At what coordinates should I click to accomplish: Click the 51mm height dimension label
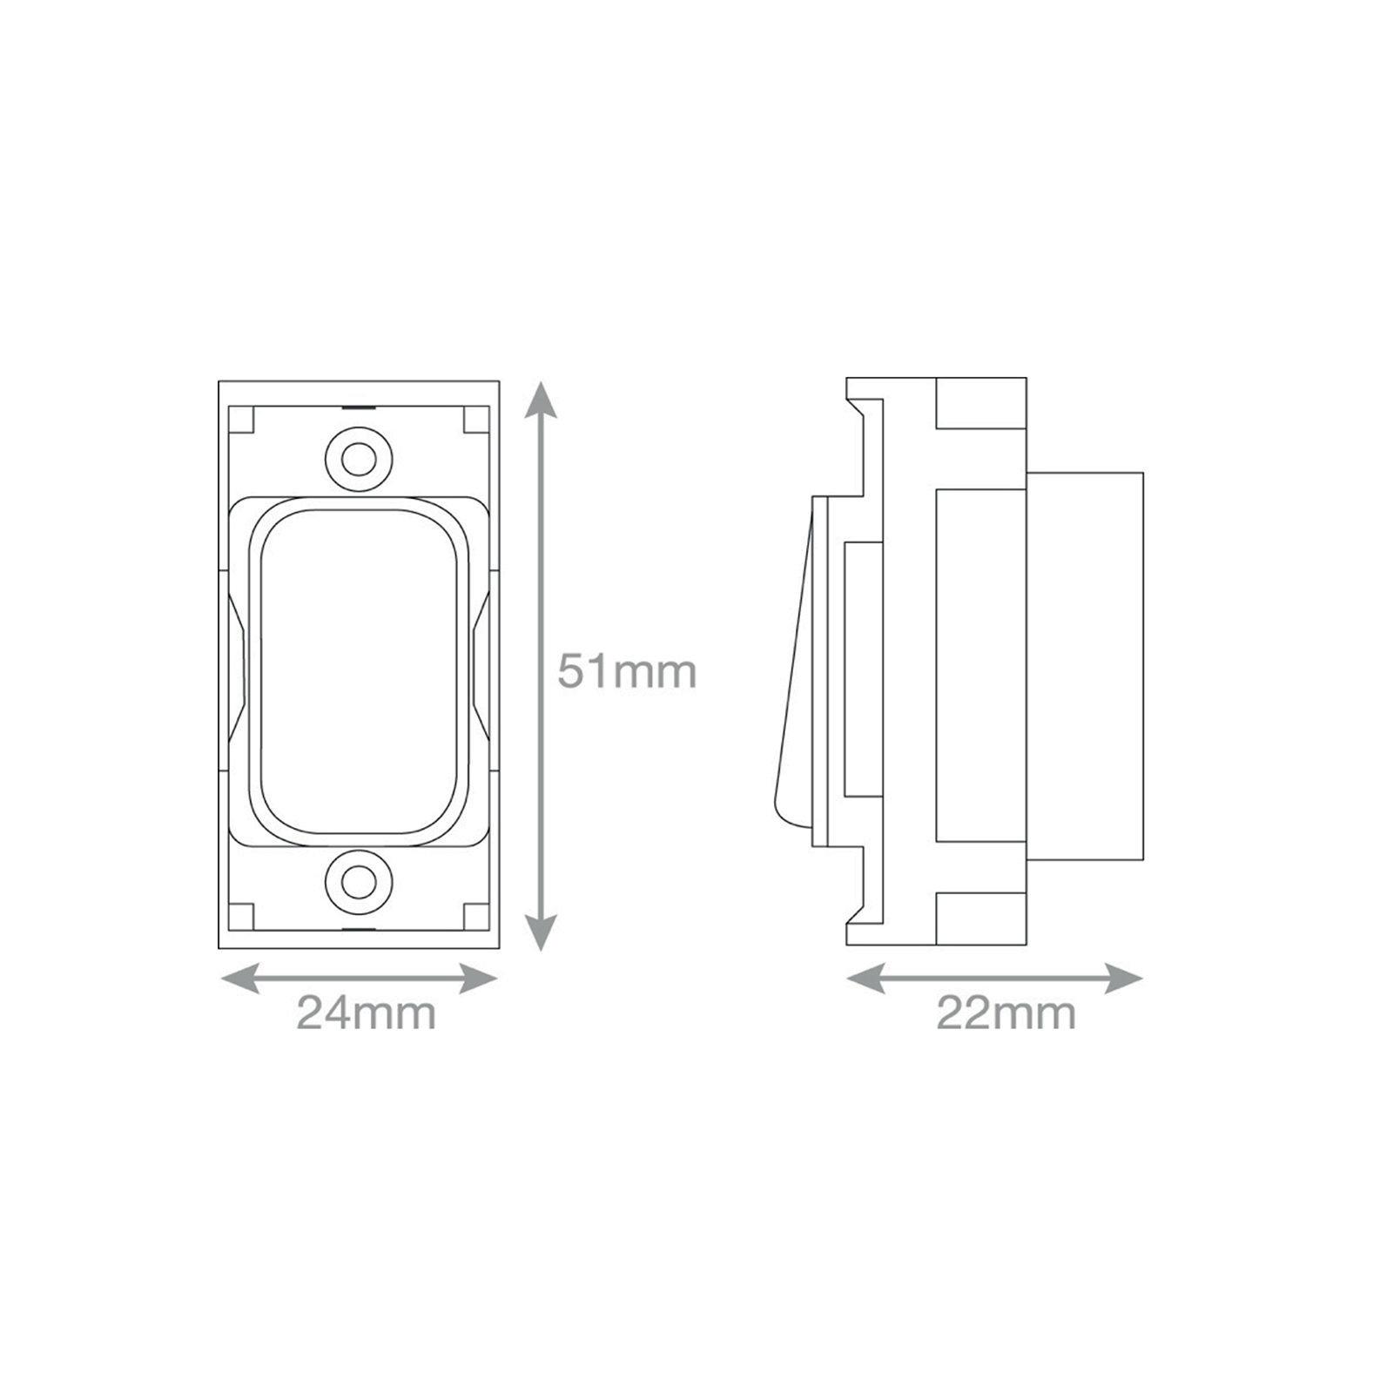[627, 671]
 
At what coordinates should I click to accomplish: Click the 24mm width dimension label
[367, 1013]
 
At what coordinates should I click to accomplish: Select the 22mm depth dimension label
[1006, 1013]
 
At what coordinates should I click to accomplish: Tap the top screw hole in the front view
[358, 458]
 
